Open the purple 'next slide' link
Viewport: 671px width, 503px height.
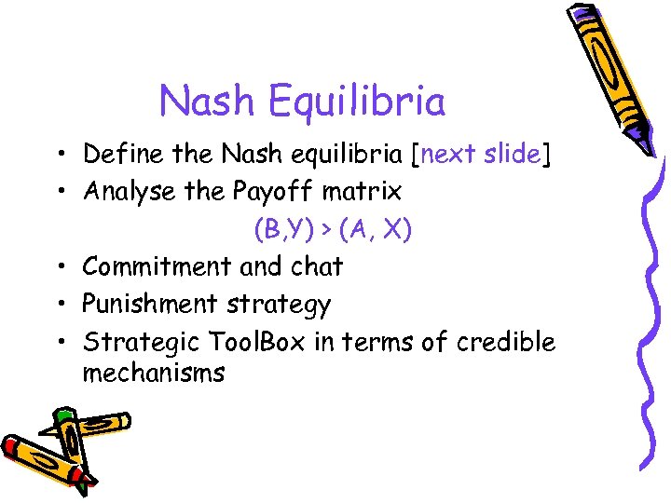pyautogui.click(x=482, y=153)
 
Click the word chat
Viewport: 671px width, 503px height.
pyautogui.click(x=317, y=266)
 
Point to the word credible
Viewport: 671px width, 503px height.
pyautogui.click(x=506, y=342)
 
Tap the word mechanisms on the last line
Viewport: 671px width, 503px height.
pyautogui.click(x=154, y=374)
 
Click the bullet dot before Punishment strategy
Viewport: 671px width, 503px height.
pyautogui.click(x=58, y=305)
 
